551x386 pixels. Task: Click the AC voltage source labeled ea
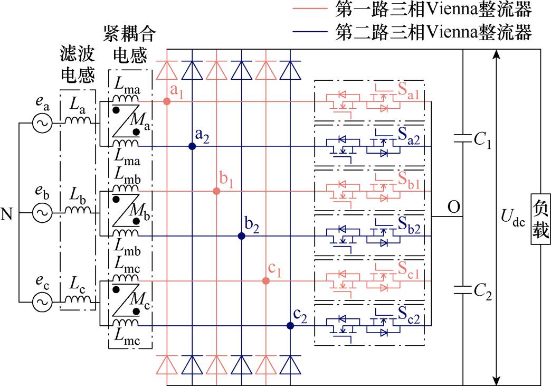click(41, 124)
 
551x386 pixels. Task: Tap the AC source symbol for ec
click(41, 303)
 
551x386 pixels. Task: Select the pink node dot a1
click(167, 101)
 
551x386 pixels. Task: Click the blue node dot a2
click(192, 146)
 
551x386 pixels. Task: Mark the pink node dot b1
click(216, 191)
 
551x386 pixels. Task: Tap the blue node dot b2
click(242, 236)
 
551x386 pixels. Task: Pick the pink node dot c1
click(266, 281)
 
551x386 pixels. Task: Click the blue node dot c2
click(290, 326)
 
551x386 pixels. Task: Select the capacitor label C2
click(482, 293)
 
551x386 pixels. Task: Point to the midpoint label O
click(453, 206)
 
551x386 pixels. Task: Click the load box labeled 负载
click(540, 219)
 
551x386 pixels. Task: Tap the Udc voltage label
click(512, 218)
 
